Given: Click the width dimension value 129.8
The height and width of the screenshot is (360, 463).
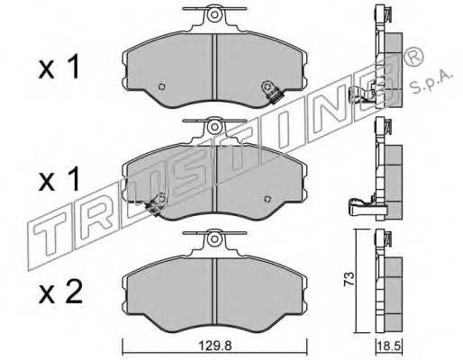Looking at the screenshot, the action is pos(215,346).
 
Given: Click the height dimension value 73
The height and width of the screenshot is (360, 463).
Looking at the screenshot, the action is pos(350,279).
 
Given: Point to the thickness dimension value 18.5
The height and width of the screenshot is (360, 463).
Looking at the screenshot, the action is pos(389,346).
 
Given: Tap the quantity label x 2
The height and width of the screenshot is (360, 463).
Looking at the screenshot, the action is pos(60,291).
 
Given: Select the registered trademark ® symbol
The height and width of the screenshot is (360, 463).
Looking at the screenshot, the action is pos(414,57).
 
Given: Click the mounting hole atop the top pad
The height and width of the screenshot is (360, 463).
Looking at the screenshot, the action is pos(214,14).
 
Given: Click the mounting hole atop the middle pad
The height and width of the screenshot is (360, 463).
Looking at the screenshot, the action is pos(214,127).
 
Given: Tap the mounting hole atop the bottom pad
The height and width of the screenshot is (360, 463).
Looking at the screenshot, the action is pos(214,238).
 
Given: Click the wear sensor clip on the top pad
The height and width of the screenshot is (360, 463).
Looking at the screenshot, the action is pos(271,93).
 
